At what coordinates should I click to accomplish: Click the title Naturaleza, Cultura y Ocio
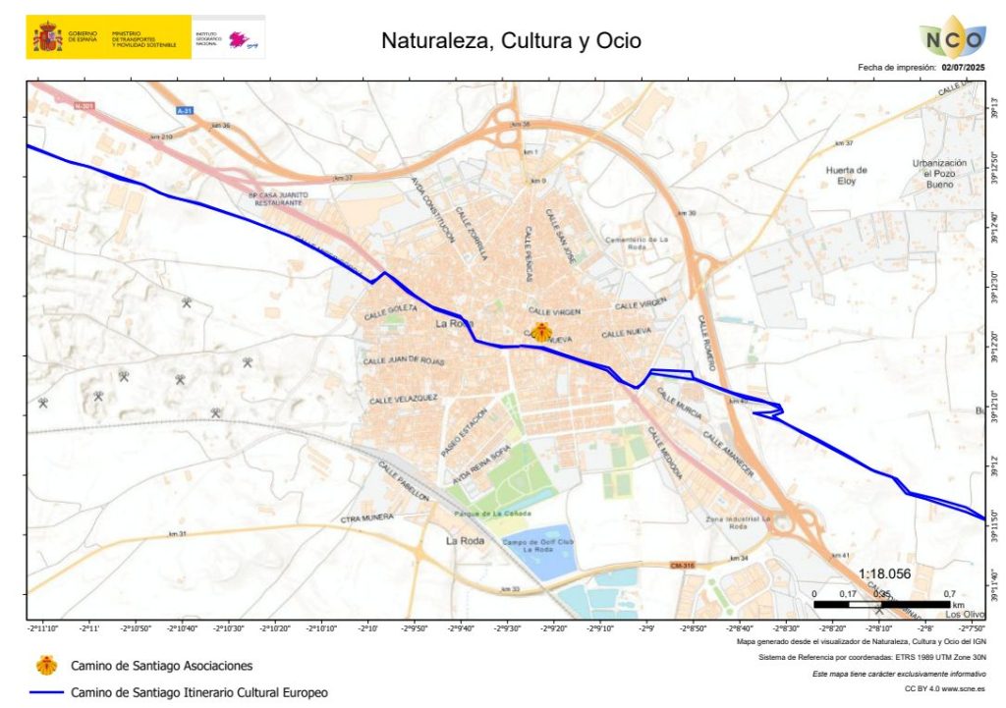[x=511, y=41]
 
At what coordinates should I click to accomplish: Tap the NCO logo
[x=953, y=39]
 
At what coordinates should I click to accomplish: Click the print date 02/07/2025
[x=963, y=68]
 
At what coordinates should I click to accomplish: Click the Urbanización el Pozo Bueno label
[x=940, y=174]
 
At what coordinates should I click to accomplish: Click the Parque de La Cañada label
[x=491, y=514]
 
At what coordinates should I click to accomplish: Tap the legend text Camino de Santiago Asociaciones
[x=161, y=666]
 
